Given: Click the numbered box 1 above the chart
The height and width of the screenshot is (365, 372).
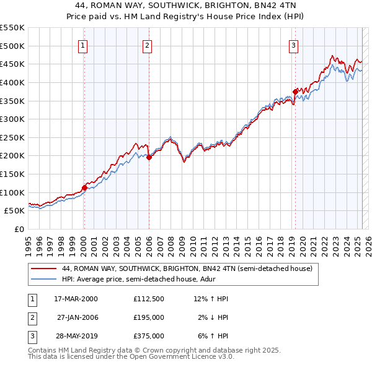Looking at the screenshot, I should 83,45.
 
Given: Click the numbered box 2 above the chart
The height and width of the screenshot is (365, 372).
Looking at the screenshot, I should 147,45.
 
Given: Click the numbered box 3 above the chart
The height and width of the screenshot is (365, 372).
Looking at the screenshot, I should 293,45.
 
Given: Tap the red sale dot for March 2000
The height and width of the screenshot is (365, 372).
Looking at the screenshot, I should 85,187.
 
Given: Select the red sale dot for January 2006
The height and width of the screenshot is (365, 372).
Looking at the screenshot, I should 149,157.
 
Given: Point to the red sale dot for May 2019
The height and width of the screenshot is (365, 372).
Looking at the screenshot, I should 295,92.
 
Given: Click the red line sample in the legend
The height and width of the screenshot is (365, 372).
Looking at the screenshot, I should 43,269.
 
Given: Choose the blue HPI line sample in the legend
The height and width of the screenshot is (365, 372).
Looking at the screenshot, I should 43,280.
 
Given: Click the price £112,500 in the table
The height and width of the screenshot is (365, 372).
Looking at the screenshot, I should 148,299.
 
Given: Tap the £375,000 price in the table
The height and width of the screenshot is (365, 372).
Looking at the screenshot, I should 148,336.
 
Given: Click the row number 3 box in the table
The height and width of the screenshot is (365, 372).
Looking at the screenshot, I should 32,336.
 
